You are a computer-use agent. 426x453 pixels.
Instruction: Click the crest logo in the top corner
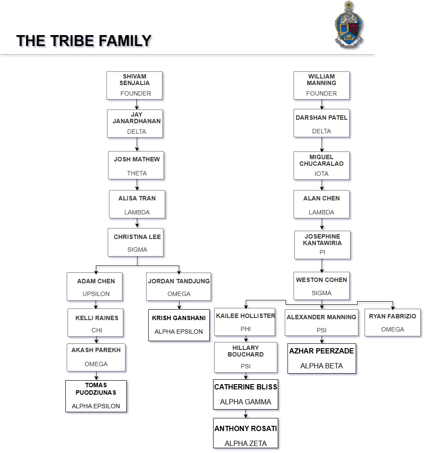pyautogui.click(x=349, y=24)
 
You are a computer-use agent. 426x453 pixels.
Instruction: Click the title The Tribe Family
pyautogui.click(x=84, y=41)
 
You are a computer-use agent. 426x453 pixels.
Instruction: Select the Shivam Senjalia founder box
pyautogui.click(x=135, y=85)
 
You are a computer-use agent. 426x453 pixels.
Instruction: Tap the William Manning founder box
pyautogui.click(x=322, y=85)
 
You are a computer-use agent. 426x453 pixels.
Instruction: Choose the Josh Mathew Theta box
pyautogui.click(x=136, y=165)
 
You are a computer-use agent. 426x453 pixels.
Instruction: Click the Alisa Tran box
pyautogui.click(x=137, y=204)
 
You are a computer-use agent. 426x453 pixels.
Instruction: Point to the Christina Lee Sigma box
pyautogui.click(x=136, y=242)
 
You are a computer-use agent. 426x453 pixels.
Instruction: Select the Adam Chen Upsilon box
pyautogui.click(x=95, y=287)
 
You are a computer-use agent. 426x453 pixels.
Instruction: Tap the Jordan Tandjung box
pyautogui.click(x=178, y=287)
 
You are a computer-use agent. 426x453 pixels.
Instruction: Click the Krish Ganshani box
pyautogui.click(x=178, y=325)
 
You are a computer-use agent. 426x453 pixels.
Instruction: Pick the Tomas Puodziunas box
pyautogui.click(x=96, y=396)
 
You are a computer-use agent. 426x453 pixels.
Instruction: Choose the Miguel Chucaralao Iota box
pyautogui.click(x=322, y=166)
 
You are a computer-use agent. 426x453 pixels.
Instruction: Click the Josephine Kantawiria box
pyautogui.click(x=322, y=245)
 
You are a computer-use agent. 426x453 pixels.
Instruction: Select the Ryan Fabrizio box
pyautogui.click(x=392, y=322)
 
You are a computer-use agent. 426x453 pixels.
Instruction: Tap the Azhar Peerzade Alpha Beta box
pyautogui.click(x=322, y=358)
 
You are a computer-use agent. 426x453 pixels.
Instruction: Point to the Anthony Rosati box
pyautogui.click(x=246, y=435)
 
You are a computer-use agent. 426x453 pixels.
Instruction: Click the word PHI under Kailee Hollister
pyautogui.click(x=246, y=329)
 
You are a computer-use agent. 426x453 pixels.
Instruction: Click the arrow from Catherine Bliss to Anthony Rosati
pyautogui.click(x=246, y=414)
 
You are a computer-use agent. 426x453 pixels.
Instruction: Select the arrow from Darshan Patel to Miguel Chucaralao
pyautogui.click(x=322, y=144)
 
